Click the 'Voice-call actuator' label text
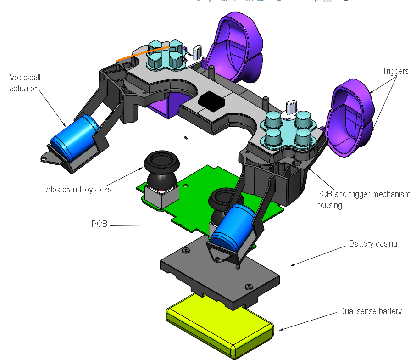25,83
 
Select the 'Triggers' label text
395,71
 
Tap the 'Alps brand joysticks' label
78,189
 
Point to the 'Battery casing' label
373,243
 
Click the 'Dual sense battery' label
370,311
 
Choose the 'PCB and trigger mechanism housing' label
363,199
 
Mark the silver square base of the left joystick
160,195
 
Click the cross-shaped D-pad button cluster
166,55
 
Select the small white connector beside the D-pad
197,52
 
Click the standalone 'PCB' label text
99,224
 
